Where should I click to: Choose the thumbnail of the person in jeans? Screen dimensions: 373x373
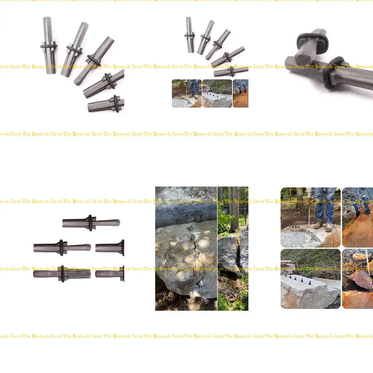pyautogui.click(x=186, y=93)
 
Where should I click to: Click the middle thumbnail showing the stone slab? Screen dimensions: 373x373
pyautogui.click(x=217, y=94)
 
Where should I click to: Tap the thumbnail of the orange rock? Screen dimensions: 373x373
pyautogui.click(x=240, y=94)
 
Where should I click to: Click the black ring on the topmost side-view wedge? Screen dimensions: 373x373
pyautogui.click(x=90, y=222)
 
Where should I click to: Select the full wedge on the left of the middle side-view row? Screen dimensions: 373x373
pyautogui.click(x=62, y=248)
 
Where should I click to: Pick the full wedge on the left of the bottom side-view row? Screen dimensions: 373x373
pyautogui.click(x=62, y=274)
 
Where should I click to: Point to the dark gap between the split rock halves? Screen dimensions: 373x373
pyautogui.click(x=239, y=255)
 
